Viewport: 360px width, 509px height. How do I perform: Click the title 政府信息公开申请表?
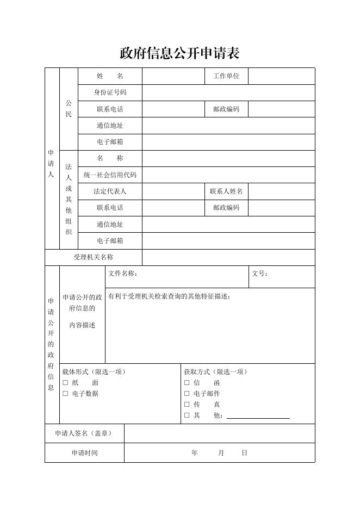pyautogui.click(x=179, y=53)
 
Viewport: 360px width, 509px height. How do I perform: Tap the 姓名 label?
pyautogui.click(x=110, y=76)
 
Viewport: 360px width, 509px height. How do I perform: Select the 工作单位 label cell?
pyautogui.click(x=226, y=76)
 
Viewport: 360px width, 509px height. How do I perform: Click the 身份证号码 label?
pyautogui.click(x=110, y=92)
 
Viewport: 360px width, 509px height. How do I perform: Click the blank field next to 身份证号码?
pyautogui.click(x=228, y=92)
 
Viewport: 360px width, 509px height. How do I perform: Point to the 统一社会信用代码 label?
pyautogui.click(x=110, y=175)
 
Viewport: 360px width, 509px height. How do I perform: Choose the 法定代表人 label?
pyautogui.click(x=110, y=191)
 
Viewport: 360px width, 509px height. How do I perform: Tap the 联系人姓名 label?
pyautogui.click(x=226, y=191)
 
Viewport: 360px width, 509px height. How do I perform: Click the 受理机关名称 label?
pyautogui.click(x=94, y=257)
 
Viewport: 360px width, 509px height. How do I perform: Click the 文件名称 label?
pyautogui.click(x=122, y=274)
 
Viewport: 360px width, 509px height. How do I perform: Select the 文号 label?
pyautogui.click(x=259, y=274)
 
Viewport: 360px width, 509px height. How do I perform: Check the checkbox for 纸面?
pyautogui.click(x=65, y=383)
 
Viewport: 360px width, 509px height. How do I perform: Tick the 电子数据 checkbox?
pyautogui.click(x=65, y=394)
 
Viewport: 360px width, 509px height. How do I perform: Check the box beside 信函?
pyautogui.click(x=187, y=383)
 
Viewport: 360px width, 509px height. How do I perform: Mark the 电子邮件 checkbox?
pyautogui.click(x=187, y=394)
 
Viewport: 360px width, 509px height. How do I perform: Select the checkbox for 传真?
pyautogui.click(x=187, y=405)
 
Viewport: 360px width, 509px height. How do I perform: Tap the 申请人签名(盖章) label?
pyautogui.click(x=84, y=433)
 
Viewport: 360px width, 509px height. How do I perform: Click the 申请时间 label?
pyautogui.click(x=84, y=453)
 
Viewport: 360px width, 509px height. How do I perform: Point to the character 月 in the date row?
pyautogui.click(x=221, y=453)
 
